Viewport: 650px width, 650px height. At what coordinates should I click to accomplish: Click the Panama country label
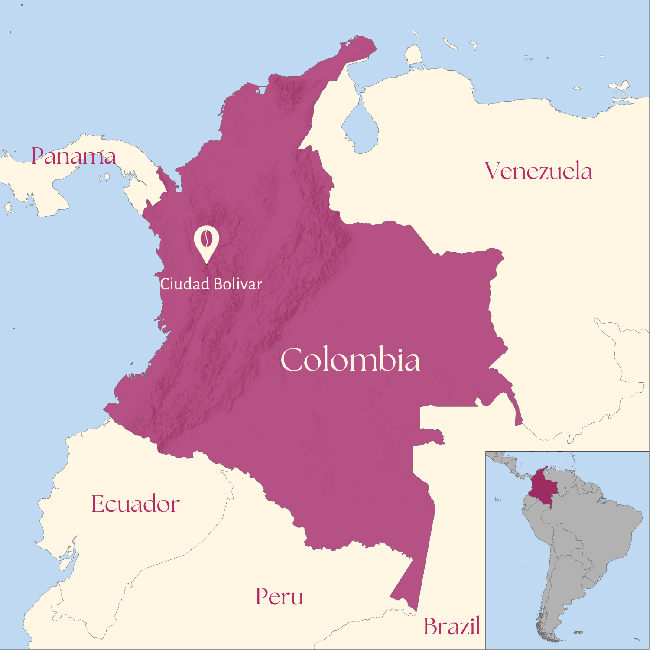(74, 156)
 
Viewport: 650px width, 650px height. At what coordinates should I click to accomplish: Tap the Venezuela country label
(538, 171)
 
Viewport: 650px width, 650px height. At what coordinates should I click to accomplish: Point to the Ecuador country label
(136, 504)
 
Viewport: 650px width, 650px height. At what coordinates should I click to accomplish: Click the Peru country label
(279, 597)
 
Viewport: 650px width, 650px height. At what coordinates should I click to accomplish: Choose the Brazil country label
(452, 627)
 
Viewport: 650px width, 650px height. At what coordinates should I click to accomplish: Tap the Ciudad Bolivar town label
(211, 284)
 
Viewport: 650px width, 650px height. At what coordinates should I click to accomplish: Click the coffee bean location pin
(206, 242)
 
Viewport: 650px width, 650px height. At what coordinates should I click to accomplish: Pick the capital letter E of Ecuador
(99, 504)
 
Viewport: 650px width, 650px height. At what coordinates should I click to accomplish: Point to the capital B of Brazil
(432, 627)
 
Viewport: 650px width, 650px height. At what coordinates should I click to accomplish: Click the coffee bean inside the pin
(207, 238)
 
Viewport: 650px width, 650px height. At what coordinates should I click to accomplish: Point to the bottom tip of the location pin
(207, 263)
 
